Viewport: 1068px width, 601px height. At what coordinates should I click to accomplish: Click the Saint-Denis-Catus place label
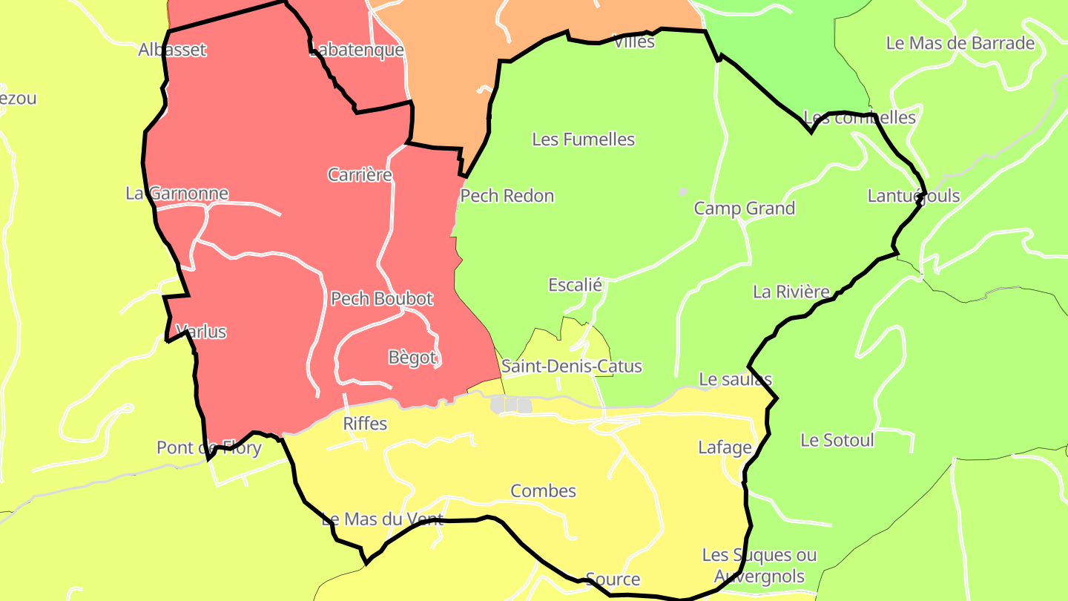click(571, 367)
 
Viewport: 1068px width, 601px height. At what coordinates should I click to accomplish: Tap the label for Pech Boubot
click(381, 299)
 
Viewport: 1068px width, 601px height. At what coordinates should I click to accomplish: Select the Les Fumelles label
click(584, 139)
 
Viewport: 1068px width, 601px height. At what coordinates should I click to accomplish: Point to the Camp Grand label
click(744, 208)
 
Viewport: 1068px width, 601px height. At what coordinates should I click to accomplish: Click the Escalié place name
click(575, 285)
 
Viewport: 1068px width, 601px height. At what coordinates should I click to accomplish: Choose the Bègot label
click(412, 358)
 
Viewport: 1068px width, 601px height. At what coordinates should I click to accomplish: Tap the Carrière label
click(360, 175)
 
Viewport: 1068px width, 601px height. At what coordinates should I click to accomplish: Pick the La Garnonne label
click(177, 194)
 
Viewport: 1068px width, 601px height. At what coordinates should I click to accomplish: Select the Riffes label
click(365, 424)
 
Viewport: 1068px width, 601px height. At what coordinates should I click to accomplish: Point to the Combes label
click(543, 491)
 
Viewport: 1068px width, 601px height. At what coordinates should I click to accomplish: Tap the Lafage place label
click(725, 447)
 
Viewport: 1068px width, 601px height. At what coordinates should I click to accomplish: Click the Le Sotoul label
click(837, 441)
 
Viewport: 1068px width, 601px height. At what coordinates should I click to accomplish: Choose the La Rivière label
click(791, 292)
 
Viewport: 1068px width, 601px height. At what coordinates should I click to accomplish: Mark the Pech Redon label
click(507, 196)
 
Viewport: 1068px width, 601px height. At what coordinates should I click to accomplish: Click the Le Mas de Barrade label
click(960, 43)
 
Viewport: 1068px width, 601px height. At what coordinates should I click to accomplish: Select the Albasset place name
click(172, 50)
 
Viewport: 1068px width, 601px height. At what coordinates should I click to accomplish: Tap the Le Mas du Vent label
click(382, 519)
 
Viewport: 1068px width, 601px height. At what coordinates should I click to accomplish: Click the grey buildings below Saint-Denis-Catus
click(511, 404)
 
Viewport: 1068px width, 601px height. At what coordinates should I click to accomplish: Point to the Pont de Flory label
click(208, 448)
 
